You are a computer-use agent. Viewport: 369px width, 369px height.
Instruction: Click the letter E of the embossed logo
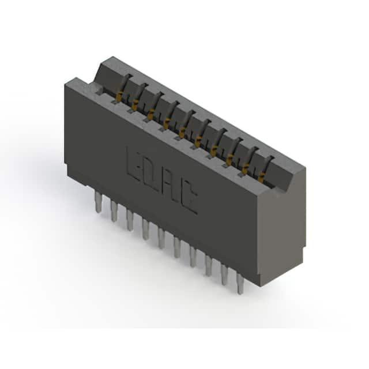(x=134, y=164)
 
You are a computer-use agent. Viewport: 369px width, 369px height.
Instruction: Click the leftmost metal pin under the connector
(x=98, y=202)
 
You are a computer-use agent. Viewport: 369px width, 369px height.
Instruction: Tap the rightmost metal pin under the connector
(x=240, y=284)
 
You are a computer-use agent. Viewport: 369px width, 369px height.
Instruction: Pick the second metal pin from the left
(x=114, y=211)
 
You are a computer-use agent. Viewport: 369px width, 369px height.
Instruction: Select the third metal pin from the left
(x=130, y=220)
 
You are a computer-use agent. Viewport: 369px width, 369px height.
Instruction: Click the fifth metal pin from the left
(x=161, y=238)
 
